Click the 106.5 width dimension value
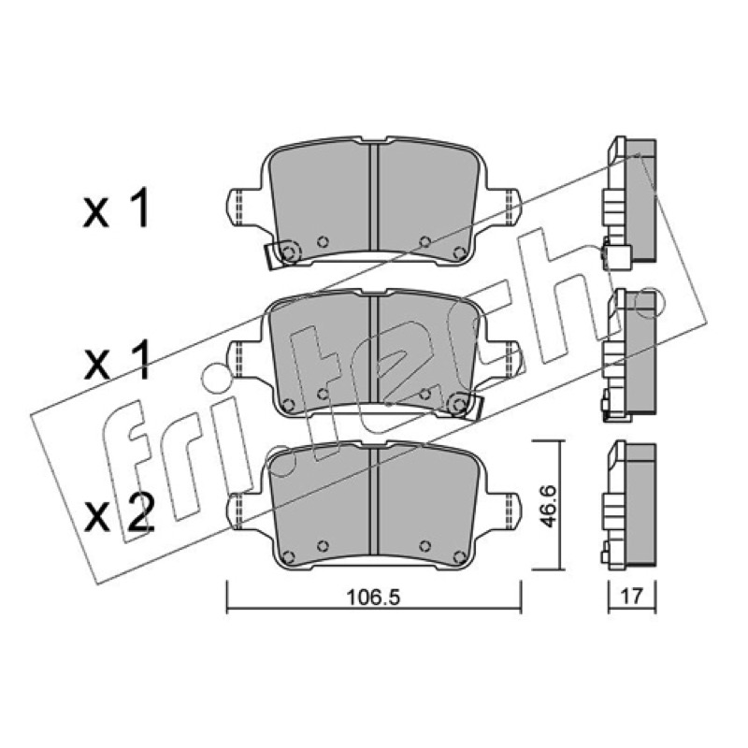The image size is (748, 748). coord(371,597)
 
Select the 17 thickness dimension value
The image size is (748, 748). coord(633,596)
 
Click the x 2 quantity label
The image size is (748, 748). coord(119,513)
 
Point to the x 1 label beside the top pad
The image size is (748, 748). coord(116,208)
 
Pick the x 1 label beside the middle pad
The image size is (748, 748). coord(116,361)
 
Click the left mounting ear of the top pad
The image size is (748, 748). coord(242,208)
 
